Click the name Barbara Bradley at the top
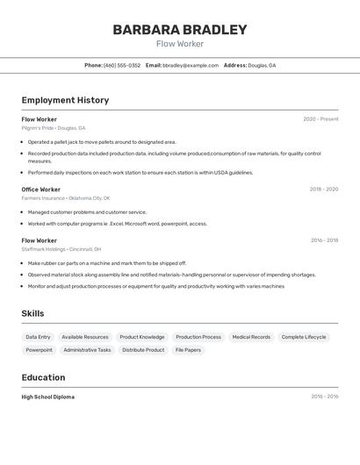click(x=180, y=30)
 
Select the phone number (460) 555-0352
click(x=122, y=65)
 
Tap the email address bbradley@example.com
click(x=191, y=65)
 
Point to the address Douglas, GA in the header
click(x=262, y=65)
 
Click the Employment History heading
click(x=65, y=100)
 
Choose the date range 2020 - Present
click(x=320, y=119)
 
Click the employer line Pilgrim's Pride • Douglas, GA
click(x=54, y=128)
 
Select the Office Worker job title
click(x=41, y=190)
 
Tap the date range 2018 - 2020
click(x=323, y=190)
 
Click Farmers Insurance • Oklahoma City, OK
click(x=66, y=198)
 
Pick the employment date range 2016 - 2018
click(x=324, y=240)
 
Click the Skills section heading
click(x=32, y=313)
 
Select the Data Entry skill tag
click(x=38, y=337)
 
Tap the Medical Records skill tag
click(x=251, y=337)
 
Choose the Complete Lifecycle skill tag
click(x=304, y=337)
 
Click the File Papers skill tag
click(x=188, y=350)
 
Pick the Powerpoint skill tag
click(x=39, y=350)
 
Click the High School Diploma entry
click(x=48, y=397)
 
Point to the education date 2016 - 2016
click(x=324, y=397)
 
